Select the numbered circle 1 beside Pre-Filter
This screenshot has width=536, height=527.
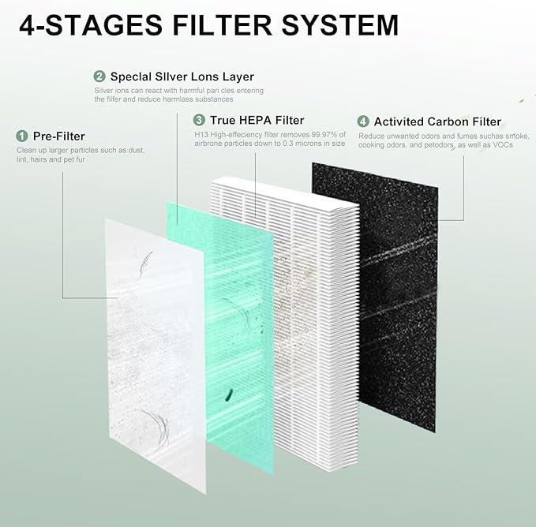click(x=21, y=136)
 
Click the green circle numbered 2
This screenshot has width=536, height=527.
click(x=99, y=77)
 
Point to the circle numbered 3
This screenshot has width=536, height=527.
click(x=199, y=120)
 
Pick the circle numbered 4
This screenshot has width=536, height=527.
click(x=362, y=121)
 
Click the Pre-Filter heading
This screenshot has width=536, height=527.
click(x=58, y=136)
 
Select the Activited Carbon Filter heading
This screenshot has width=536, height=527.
click(x=437, y=121)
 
